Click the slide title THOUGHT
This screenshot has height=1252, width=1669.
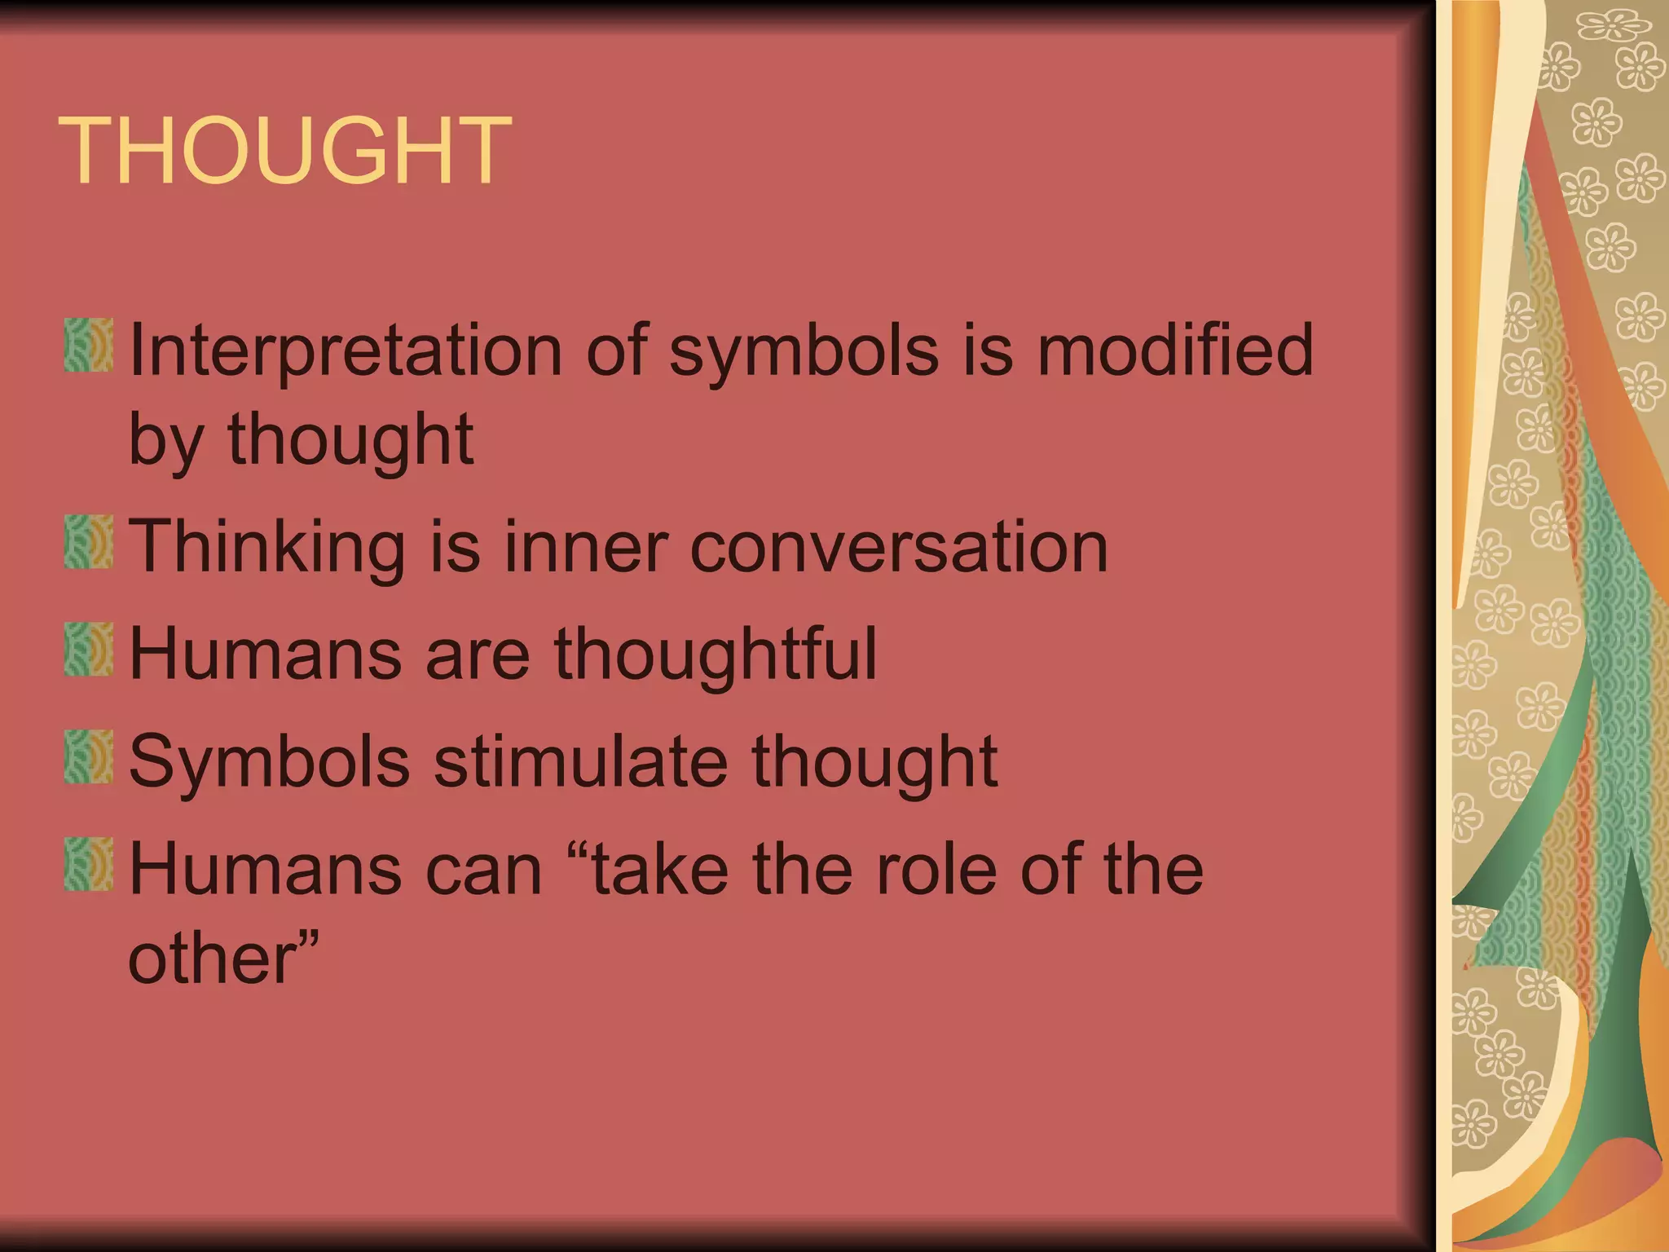[x=284, y=151]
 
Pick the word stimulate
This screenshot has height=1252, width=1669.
[x=579, y=761]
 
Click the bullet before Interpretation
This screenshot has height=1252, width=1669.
[x=88, y=346]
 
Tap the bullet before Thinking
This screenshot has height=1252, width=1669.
[x=88, y=542]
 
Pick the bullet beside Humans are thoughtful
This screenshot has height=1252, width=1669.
[x=88, y=650]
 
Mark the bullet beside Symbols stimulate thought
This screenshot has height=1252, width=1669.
[x=88, y=757]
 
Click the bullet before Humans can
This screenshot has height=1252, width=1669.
[x=88, y=865]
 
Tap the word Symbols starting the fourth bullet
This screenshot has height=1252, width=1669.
[x=270, y=761]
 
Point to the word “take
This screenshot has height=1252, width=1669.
[x=651, y=869]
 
